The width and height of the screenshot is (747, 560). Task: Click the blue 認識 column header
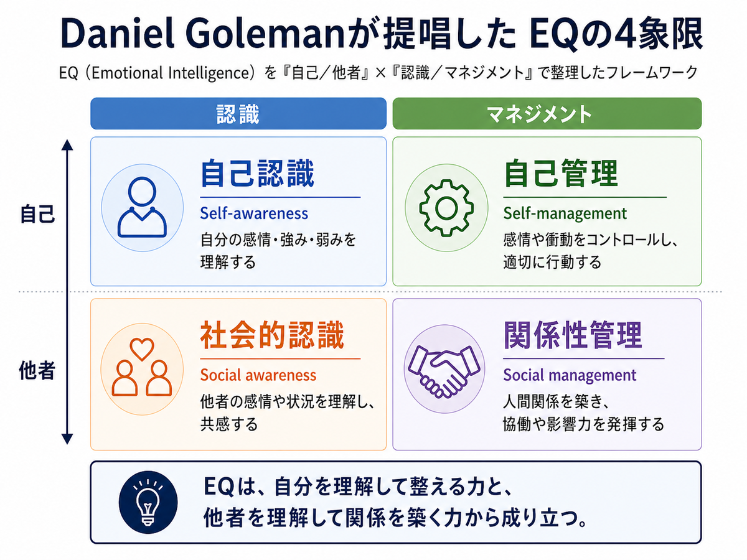pos(238,114)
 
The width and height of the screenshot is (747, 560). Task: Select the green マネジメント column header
pos(547,114)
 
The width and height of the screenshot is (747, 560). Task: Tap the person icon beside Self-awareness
pos(143,207)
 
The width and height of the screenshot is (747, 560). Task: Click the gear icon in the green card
pos(446,208)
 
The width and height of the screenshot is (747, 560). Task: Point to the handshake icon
pos(444,371)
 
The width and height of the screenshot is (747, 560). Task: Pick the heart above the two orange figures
pos(142,349)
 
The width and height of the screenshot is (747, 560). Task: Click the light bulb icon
pos(148,502)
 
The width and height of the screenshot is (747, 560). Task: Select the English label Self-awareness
pos(254,213)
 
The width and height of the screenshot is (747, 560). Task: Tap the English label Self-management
pos(565,213)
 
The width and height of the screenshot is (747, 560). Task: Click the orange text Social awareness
pos(258,375)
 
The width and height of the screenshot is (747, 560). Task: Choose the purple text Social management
pos(570,375)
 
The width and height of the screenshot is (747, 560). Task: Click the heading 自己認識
pos(257,174)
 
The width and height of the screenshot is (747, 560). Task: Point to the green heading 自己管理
pos(561,174)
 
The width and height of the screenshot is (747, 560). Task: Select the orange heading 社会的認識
pos(272,335)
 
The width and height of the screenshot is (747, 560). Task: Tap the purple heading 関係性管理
pos(573,335)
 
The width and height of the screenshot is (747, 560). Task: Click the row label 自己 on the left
pos(37,214)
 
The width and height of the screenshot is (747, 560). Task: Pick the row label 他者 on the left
pos(37,370)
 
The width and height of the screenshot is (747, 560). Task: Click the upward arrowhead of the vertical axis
pos(67,144)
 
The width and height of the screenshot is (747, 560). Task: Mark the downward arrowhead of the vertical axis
pos(67,439)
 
